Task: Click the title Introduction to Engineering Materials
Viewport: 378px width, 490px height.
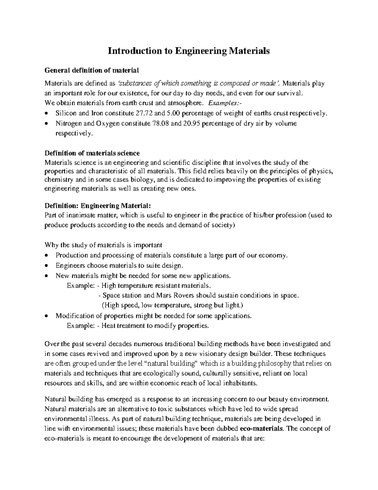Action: (189, 51)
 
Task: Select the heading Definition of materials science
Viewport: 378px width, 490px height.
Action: (92, 153)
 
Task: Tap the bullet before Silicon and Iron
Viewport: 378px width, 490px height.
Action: (47, 114)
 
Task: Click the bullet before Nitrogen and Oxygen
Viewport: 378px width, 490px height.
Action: (47, 124)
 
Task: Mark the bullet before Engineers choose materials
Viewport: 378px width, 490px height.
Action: (47, 266)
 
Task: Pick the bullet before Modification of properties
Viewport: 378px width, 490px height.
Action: (47, 316)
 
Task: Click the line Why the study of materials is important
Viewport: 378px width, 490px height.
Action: (104, 245)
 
